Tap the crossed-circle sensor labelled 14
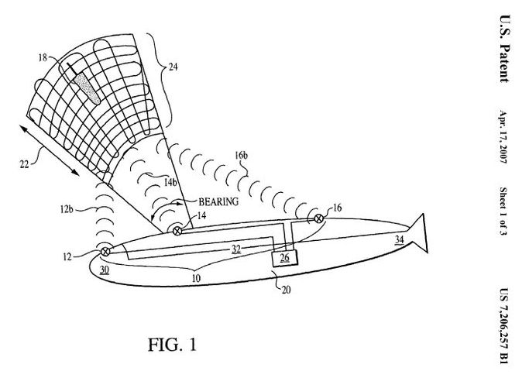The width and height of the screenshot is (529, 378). tap(177, 230)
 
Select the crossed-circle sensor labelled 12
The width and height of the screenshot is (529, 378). tap(105, 250)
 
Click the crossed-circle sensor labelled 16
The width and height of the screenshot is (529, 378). tap(317, 218)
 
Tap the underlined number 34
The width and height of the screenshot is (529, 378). tap(399, 240)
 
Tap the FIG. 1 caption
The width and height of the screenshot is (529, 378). tap(172, 344)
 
